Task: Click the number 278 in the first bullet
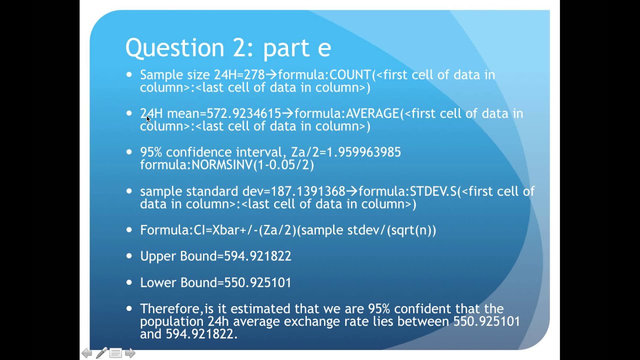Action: pos(254,75)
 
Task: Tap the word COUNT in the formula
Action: pos(350,75)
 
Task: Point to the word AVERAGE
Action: pos(372,114)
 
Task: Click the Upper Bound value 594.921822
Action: pos(257,256)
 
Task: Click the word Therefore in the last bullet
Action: pos(170,308)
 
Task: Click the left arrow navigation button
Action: pos(86,353)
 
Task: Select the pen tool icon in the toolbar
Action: pos(101,353)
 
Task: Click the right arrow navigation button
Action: pos(130,353)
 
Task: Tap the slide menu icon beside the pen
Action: pos(115,353)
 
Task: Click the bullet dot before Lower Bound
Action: pos(129,282)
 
